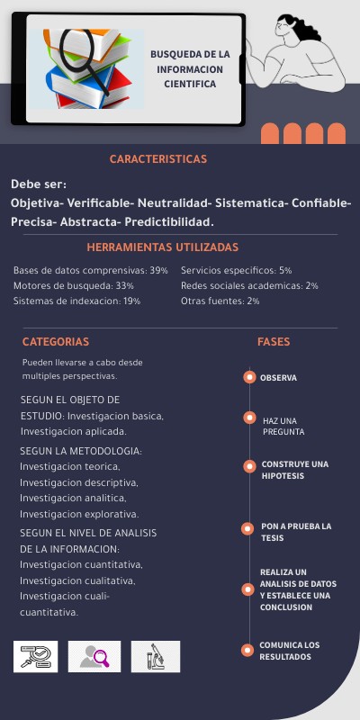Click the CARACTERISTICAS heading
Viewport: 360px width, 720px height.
pyautogui.click(x=158, y=159)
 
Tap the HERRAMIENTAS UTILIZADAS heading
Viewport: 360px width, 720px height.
pyautogui.click(x=163, y=247)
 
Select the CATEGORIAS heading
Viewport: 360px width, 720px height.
pyautogui.click(x=56, y=342)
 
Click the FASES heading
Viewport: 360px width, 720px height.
pyautogui.click(x=274, y=342)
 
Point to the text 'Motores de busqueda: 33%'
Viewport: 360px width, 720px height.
pyautogui.click(x=74, y=285)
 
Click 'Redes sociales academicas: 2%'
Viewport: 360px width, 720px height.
pyautogui.click(x=249, y=285)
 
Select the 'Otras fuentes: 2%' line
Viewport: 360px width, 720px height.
pyautogui.click(x=220, y=301)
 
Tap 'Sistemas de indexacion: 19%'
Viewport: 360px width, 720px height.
pyautogui.click(x=76, y=301)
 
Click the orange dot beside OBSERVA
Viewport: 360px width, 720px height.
pyautogui.click(x=248, y=378)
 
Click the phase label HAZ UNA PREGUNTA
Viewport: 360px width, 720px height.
pyautogui.click(x=280, y=427)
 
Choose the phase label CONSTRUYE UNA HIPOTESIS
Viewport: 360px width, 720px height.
pyautogui.click(x=294, y=470)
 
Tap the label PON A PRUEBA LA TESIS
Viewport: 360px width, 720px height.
pyautogui.click(x=295, y=532)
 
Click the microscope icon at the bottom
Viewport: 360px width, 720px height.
pyautogui.click(x=155, y=656)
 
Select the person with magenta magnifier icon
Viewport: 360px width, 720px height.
pyautogui.click(x=94, y=656)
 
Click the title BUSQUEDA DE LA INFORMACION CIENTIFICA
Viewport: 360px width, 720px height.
pyautogui.click(x=190, y=68)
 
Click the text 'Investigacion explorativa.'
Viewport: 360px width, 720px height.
pyautogui.click(x=79, y=514)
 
